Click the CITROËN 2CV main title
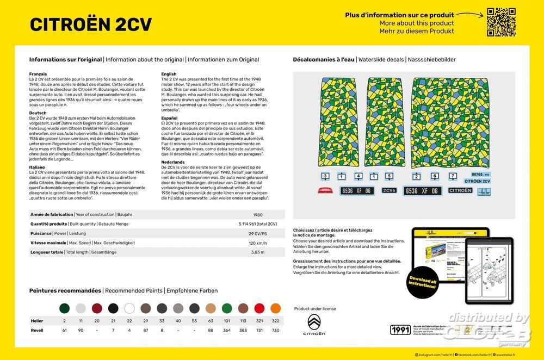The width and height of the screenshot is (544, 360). coord(91,24)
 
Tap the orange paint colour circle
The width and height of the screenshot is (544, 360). coord(276,308)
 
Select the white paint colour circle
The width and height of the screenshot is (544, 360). coord(129,308)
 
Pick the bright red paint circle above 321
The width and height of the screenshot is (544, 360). coord(259,308)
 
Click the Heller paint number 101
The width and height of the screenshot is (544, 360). coord(227,321)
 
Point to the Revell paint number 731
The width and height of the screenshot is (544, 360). coord(259,330)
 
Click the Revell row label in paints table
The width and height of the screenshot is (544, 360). coord(36,330)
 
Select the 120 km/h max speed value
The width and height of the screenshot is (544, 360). coord(257,243)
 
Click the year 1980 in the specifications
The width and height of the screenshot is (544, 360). coord(258,214)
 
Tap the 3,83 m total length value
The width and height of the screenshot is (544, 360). coord(257,252)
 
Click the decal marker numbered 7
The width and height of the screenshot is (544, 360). coord(453,176)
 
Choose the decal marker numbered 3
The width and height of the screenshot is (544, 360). coord(325,176)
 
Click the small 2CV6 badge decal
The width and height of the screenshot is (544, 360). coord(389,190)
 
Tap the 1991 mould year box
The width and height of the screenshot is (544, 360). coord(400,330)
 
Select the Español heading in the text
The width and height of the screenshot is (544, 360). coord(170,117)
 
